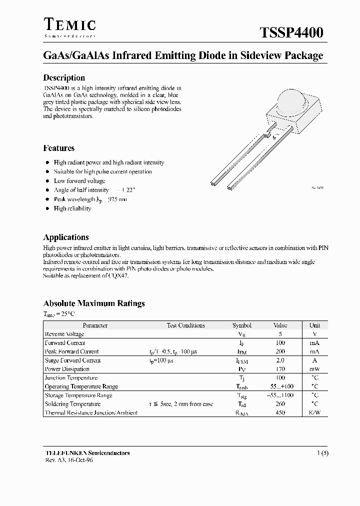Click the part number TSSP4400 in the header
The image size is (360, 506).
pyautogui.click(x=291, y=33)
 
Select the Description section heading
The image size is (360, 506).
pyautogui.click(x=64, y=77)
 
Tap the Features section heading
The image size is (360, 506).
pyautogui.click(x=59, y=148)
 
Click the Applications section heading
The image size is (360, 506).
pyautogui.click(x=66, y=237)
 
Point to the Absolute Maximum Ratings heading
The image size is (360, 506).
pyautogui.click(x=94, y=303)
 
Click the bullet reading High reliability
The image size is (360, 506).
pyautogui.click(x=72, y=208)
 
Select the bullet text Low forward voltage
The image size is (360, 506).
pyautogui.click(x=79, y=181)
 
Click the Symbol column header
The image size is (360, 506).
pyautogui.click(x=242, y=325)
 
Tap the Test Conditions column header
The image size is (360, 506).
pyautogui.click(x=185, y=325)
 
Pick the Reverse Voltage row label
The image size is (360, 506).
pyautogui.click(x=64, y=334)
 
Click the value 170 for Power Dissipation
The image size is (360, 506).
pyautogui.click(x=280, y=369)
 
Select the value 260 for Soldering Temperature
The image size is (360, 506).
pyautogui.click(x=280, y=404)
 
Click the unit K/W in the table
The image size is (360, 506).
pyautogui.click(x=314, y=412)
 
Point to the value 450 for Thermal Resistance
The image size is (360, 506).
pyautogui.click(x=280, y=412)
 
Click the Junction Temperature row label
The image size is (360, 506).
pyautogui.click(x=71, y=378)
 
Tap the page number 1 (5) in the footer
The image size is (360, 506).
pyautogui.click(x=322, y=453)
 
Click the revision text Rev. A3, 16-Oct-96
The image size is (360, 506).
pyautogui.click(x=68, y=460)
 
